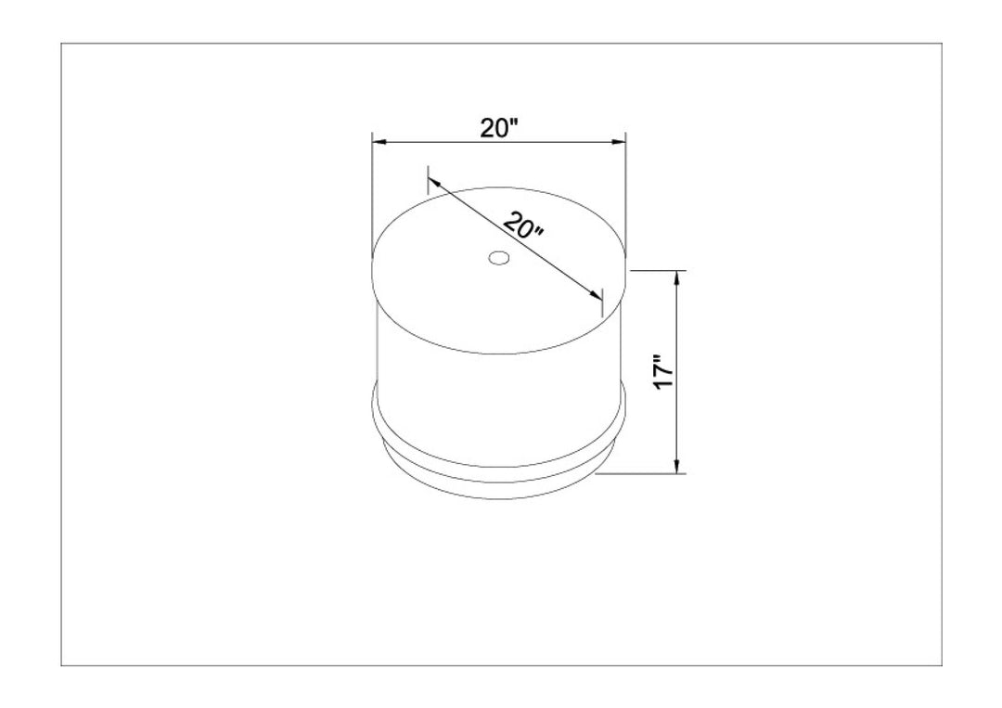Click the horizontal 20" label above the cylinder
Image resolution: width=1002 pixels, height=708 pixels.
coord(498,128)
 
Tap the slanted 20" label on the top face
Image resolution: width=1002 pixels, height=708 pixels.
coord(523,225)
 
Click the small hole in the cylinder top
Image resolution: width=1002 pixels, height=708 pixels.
coord(498,258)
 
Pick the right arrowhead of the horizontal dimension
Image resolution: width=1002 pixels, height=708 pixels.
coord(618,141)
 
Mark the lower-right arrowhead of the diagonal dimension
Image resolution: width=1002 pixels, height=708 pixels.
coord(596,294)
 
